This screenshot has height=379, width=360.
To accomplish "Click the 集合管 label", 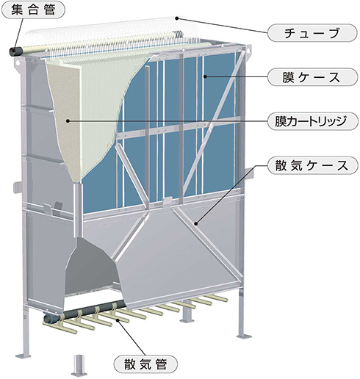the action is [33, 10].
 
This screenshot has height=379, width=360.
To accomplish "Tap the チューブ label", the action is [312, 33].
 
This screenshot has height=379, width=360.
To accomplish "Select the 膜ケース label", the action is [312, 77].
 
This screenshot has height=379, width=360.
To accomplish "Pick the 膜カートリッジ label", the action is [312, 121].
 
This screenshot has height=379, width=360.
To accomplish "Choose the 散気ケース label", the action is [312, 166].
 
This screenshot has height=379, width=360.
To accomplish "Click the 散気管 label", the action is [145, 364].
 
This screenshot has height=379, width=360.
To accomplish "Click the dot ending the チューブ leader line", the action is [177, 18].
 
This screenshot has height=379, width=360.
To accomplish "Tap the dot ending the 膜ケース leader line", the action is [205, 76].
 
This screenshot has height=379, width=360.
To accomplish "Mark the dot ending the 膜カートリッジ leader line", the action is [68, 120].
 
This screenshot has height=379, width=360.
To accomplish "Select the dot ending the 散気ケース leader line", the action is [195, 223].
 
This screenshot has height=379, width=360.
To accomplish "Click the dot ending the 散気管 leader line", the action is [118, 320].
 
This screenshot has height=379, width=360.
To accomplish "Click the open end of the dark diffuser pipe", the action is [48, 319].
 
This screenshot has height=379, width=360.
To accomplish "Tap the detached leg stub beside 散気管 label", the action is [79, 365].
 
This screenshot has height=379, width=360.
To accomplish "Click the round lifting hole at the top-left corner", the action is [18, 62].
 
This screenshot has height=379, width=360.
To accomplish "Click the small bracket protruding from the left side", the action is [17, 187].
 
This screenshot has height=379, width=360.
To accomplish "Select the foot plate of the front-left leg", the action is [23, 355].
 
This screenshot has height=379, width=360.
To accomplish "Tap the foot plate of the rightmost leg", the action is [244, 336].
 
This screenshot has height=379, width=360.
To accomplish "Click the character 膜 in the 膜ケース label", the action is [288, 77].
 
